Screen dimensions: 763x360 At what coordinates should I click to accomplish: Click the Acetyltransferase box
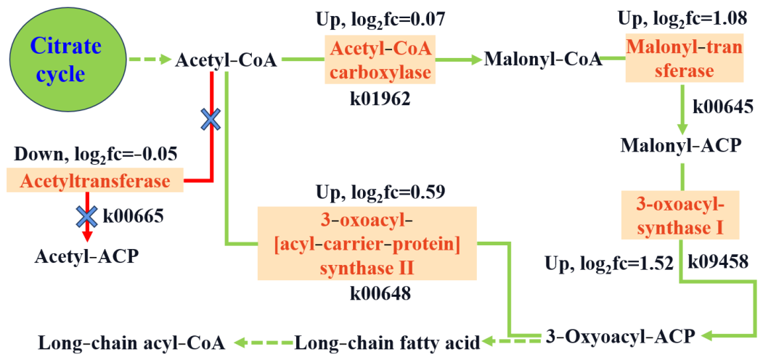click(x=95, y=181)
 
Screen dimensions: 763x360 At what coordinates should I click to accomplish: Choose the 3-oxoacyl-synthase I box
click(x=680, y=215)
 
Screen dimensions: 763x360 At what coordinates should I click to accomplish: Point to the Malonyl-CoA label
click(x=542, y=60)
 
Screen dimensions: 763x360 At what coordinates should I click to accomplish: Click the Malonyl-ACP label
click(x=681, y=145)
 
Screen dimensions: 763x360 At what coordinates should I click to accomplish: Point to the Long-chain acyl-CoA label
click(x=132, y=343)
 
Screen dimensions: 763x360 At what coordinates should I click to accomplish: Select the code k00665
click(x=133, y=215)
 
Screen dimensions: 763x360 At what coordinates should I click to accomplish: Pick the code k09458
click(x=718, y=262)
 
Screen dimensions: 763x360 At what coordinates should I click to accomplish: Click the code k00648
click(x=380, y=293)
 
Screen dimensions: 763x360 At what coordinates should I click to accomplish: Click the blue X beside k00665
click(x=88, y=216)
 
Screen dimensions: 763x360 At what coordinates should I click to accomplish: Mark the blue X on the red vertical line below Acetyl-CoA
click(x=211, y=119)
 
